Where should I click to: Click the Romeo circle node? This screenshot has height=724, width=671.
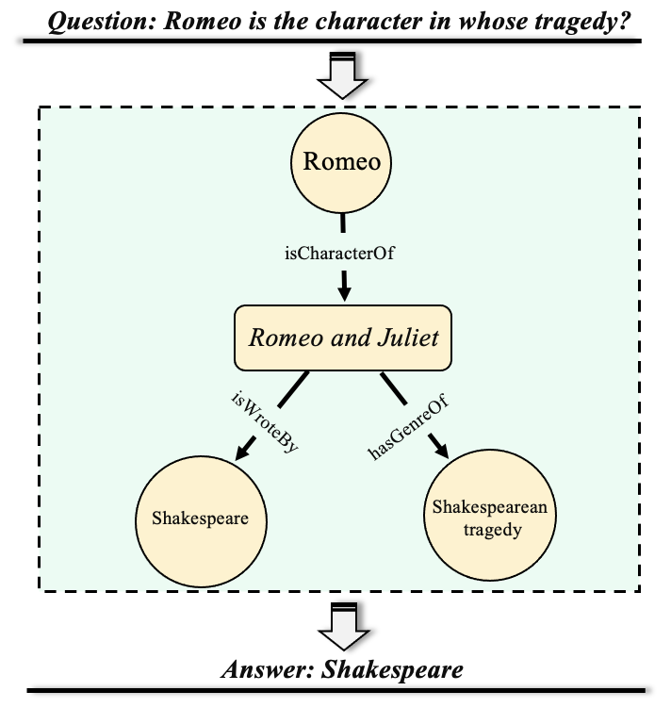(x=342, y=162)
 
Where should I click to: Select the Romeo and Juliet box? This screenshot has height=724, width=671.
(x=343, y=337)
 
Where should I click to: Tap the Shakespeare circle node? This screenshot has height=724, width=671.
(x=200, y=518)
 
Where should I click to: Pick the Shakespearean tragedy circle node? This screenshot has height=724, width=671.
(x=490, y=518)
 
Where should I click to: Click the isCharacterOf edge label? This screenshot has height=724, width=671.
(x=338, y=252)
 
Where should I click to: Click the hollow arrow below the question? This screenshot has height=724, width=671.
(x=343, y=76)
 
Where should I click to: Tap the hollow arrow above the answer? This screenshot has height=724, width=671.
(x=343, y=623)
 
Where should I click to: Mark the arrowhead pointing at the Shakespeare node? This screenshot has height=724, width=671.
(x=242, y=451)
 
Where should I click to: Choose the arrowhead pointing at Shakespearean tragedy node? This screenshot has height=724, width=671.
(x=440, y=451)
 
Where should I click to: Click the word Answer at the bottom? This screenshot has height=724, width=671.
(x=267, y=670)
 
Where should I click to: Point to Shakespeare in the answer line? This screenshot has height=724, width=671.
(x=392, y=670)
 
